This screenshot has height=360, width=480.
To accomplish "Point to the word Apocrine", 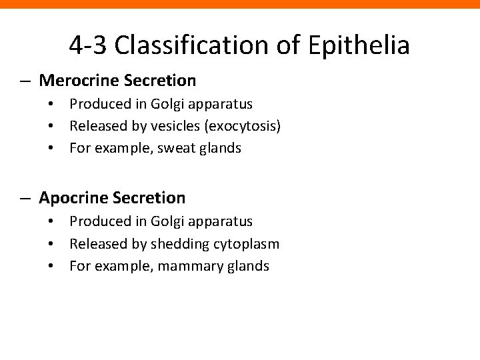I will click(72, 198).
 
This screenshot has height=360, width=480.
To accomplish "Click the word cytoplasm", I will click(246, 244).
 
